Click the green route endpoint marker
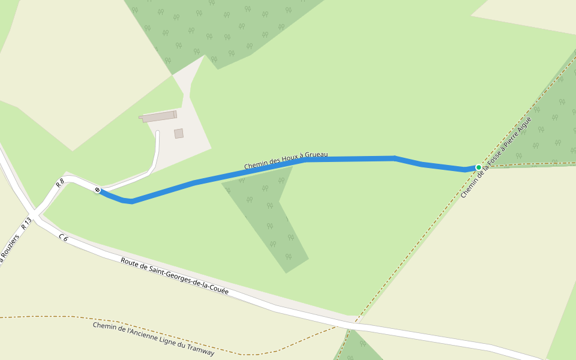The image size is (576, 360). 479,167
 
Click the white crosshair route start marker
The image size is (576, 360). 97,190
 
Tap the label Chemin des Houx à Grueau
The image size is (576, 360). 286,160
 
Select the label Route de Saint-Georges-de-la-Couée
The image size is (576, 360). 175,276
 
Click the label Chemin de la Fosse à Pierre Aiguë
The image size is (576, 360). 496,157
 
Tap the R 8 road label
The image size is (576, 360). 60,184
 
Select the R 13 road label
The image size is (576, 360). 26,224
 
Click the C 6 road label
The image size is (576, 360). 64,239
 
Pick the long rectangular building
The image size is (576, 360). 159,116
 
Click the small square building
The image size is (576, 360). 179,133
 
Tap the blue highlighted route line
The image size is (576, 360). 348,159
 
